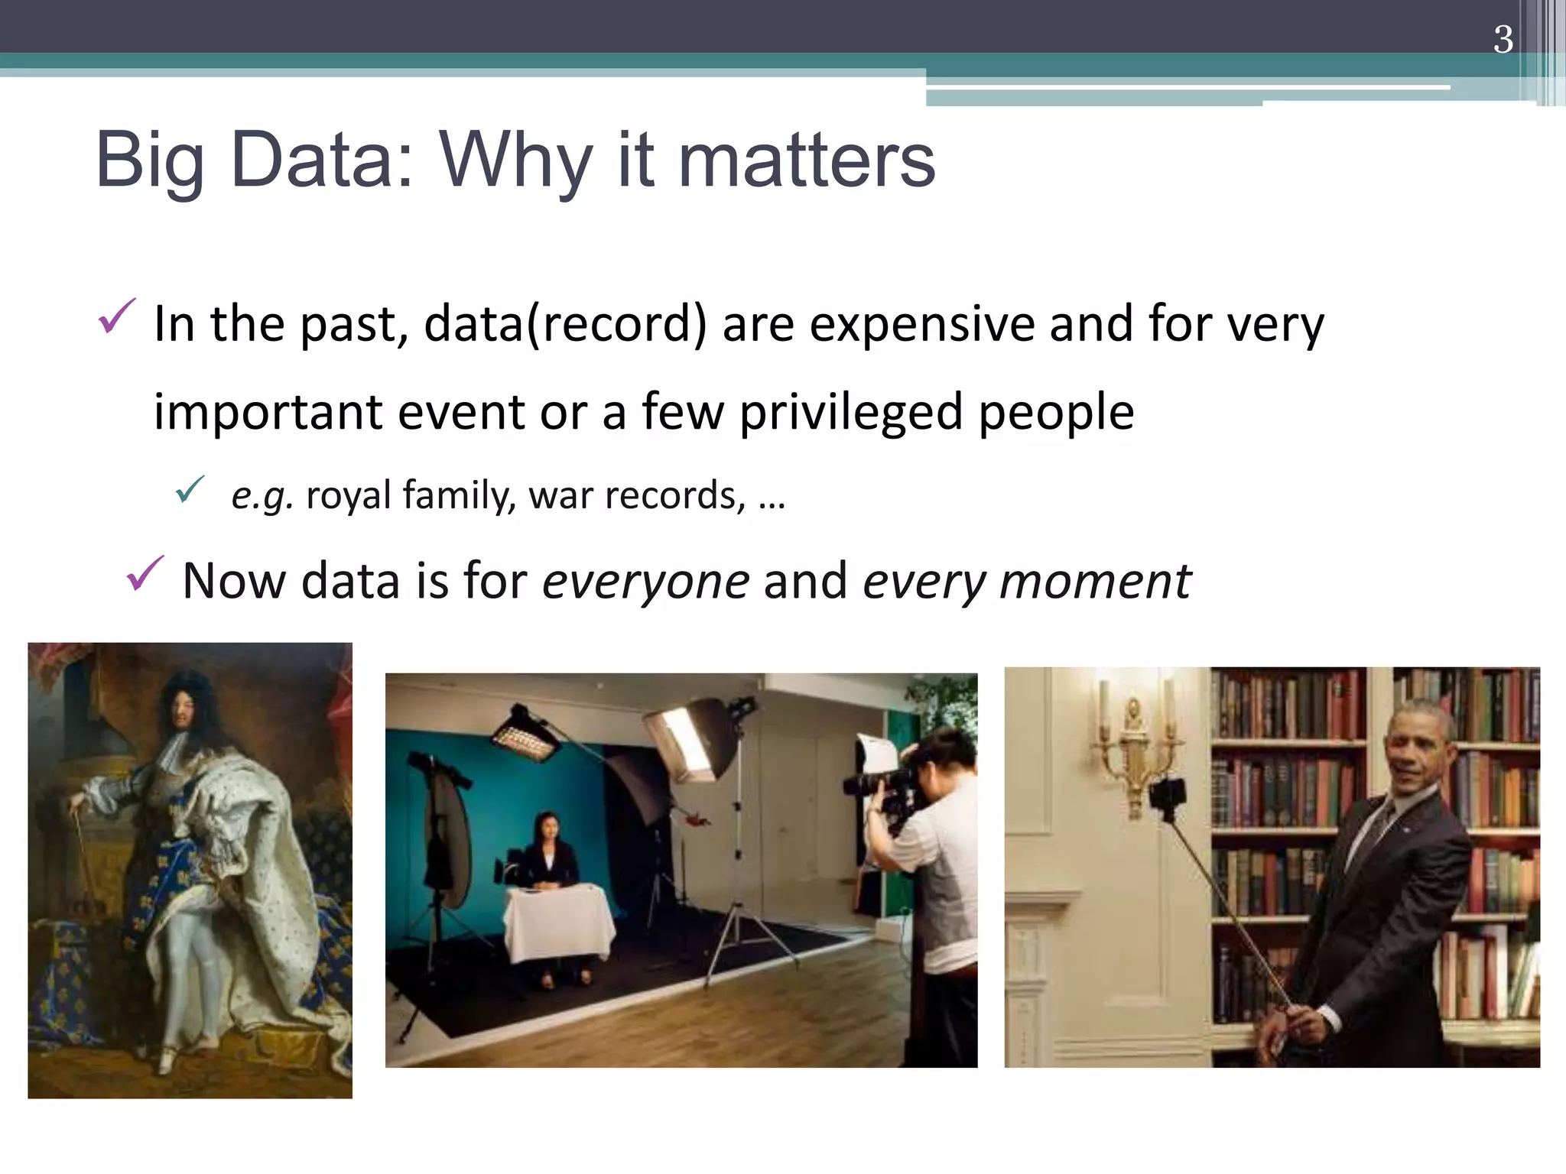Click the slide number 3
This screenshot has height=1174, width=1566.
coord(1503,40)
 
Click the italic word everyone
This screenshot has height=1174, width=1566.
coord(645,581)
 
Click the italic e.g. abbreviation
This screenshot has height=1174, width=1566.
coord(262,495)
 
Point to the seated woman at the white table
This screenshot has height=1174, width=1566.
coord(548,852)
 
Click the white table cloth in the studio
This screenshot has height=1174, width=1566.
coord(558,921)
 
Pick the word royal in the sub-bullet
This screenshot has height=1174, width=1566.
coord(348,495)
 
